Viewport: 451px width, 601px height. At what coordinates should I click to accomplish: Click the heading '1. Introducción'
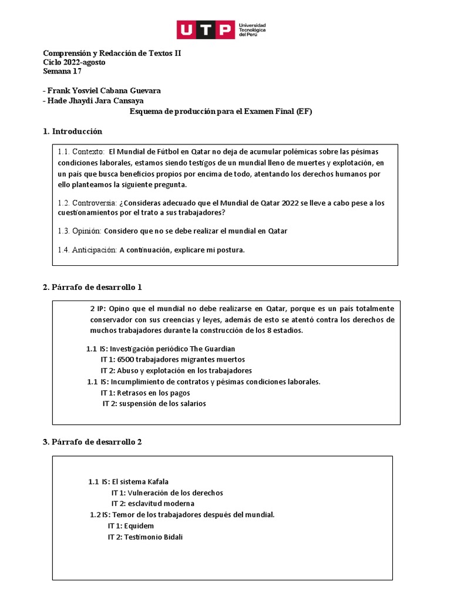click(x=72, y=131)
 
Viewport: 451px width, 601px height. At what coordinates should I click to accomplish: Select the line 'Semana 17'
click(x=62, y=72)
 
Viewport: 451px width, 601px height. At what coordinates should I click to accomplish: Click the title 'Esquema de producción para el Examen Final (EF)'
click(x=220, y=111)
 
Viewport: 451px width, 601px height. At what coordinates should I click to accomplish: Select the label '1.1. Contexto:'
click(x=81, y=152)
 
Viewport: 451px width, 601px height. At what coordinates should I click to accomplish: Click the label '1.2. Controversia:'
click(x=86, y=203)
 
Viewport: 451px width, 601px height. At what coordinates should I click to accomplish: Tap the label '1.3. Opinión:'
click(x=79, y=231)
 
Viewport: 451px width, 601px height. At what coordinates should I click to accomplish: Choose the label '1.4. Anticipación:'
click(x=87, y=250)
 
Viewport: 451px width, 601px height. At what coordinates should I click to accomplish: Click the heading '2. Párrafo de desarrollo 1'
click(x=92, y=287)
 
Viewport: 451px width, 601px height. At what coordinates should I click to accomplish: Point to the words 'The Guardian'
click(x=212, y=349)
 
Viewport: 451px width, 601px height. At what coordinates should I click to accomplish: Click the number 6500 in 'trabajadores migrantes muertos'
click(x=126, y=359)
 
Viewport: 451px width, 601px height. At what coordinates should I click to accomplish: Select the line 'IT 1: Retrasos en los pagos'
click(x=145, y=393)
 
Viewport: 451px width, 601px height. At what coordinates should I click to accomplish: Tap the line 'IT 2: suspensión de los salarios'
click(x=154, y=403)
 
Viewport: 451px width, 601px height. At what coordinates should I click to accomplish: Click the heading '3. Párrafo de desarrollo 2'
click(x=92, y=441)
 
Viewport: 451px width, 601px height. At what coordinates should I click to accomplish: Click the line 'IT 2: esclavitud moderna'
click(x=153, y=504)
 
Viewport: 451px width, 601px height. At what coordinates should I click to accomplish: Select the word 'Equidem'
click(x=139, y=526)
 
